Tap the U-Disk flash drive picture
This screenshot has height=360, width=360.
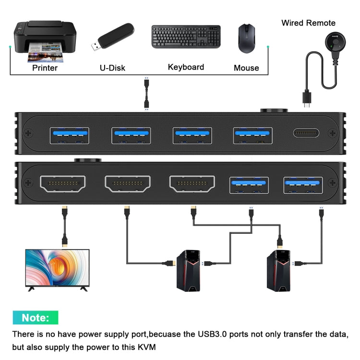[x=112, y=38]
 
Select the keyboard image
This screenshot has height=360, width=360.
[x=186, y=37]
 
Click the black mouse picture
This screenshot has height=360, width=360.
[x=246, y=38]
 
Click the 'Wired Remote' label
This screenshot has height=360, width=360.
[x=308, y=23]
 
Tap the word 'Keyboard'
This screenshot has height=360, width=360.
[x=186, y=67]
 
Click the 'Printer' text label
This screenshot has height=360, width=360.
[x=45, y=68]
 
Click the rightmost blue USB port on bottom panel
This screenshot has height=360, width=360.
[x=303, y=185]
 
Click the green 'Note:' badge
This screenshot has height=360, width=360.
[x=36, y=318]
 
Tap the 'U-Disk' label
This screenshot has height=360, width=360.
[x=112, y=68]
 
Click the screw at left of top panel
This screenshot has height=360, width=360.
[x=28, y=133]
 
